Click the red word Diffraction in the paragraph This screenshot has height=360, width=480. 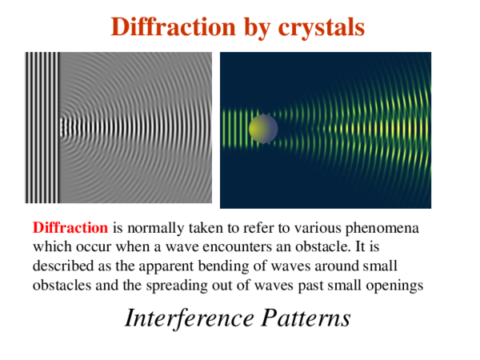pos(70,227)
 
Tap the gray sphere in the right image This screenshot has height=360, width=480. pos(263,127)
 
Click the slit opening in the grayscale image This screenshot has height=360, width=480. pos(61,125)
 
